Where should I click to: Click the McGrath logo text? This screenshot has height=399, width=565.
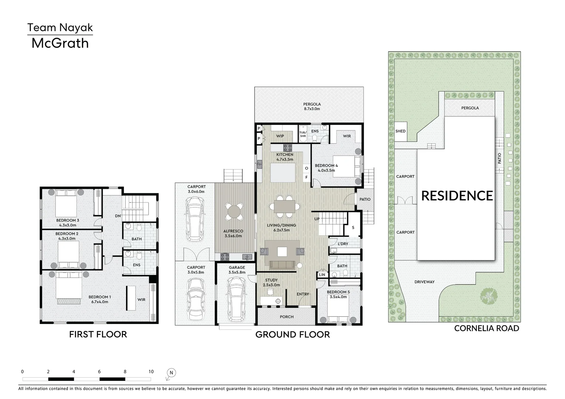pos(60,43)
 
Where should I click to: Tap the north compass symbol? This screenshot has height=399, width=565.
pos(171,373)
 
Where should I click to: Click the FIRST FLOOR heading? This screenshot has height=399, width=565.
pos(98,334)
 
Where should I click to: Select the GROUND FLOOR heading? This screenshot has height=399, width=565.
pos(292,334)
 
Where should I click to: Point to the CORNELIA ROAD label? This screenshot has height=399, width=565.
pos(486,328)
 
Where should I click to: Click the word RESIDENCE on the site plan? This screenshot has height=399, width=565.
pos(457,196)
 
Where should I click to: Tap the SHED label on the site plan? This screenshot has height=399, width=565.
pos(400,131)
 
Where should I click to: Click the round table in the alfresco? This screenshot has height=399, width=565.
pos(234,212)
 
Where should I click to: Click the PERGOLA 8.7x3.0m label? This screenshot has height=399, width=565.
pos(312,106)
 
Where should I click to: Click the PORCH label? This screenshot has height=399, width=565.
pos(287,317)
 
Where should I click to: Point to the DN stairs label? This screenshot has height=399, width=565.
pos(118,216)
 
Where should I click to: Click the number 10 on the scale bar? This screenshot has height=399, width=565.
pos(151,372)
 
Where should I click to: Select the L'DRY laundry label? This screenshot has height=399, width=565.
pos(343,244)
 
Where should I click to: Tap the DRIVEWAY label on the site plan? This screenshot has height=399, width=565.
pos(424,282)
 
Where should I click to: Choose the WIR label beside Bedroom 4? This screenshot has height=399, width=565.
pos(347,136)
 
